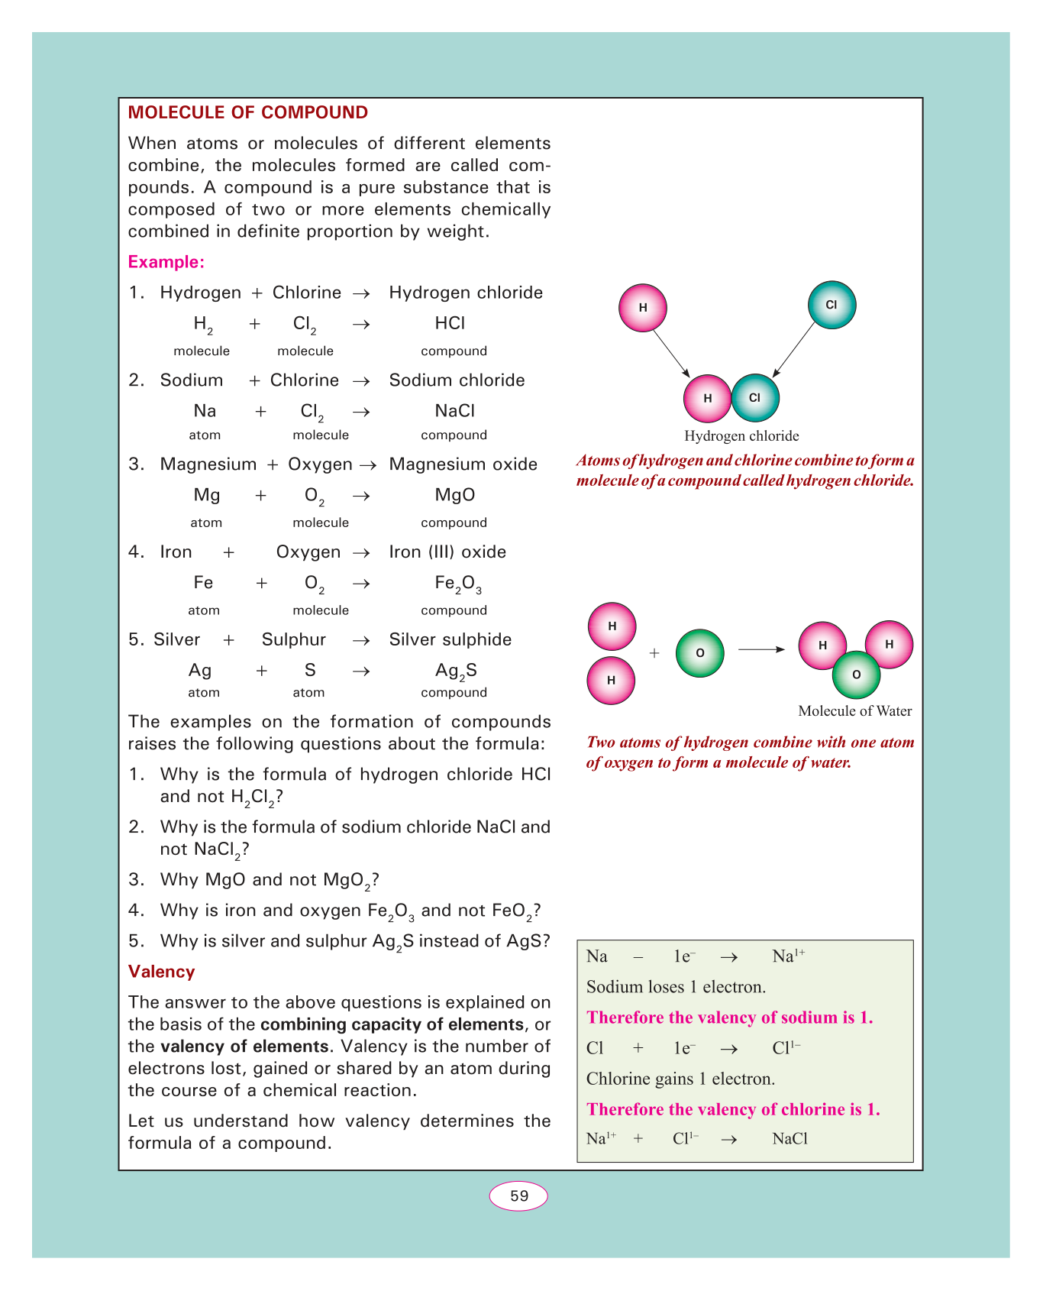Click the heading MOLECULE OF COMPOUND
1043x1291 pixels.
(247, 113)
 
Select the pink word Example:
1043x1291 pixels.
(166, 262)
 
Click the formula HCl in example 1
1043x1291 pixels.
(450, 323)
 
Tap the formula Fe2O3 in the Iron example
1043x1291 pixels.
(457, 584)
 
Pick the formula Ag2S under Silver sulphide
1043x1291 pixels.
(456, 671)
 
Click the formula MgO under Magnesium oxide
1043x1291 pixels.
(454, 495)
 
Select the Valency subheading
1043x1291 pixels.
(161, 972)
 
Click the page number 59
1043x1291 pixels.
(518, 1196)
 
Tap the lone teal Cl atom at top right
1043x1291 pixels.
(831, 305)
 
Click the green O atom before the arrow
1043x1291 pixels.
(699, 653)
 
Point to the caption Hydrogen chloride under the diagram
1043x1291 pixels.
(741, 436)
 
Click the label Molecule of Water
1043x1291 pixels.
(854, 711)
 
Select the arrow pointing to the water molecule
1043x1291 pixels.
(761, 650)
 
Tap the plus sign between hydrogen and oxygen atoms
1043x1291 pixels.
(654, 653)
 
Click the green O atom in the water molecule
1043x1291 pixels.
(856, 675)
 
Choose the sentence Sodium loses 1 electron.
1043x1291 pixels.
(675, 987)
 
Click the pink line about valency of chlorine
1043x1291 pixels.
(732, 1109)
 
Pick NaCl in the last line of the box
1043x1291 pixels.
(790, 1139)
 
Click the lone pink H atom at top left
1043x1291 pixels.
(643, 308)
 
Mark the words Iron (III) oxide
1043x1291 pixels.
(447, 552)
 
